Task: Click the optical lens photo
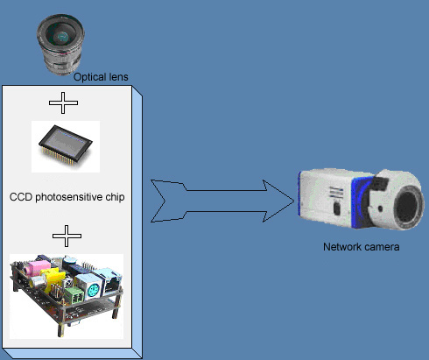tap(60, 45)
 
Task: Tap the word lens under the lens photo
tap(118, 77)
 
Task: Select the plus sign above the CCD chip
tap(63, 102)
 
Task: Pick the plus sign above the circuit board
tap(67, 236)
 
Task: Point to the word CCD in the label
tap(21, 197)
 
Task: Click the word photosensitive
tap(69, 197)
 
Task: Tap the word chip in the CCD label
tap(115, 197)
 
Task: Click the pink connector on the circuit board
tap(38, 267)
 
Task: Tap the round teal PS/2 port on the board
tap(93, 291)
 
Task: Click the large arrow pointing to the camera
tap(222, 201)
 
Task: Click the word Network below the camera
tap(342, 247)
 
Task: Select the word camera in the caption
tap(382, 247)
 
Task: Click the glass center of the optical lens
tap(62, 36)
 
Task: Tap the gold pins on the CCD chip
tap(59, 156)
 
